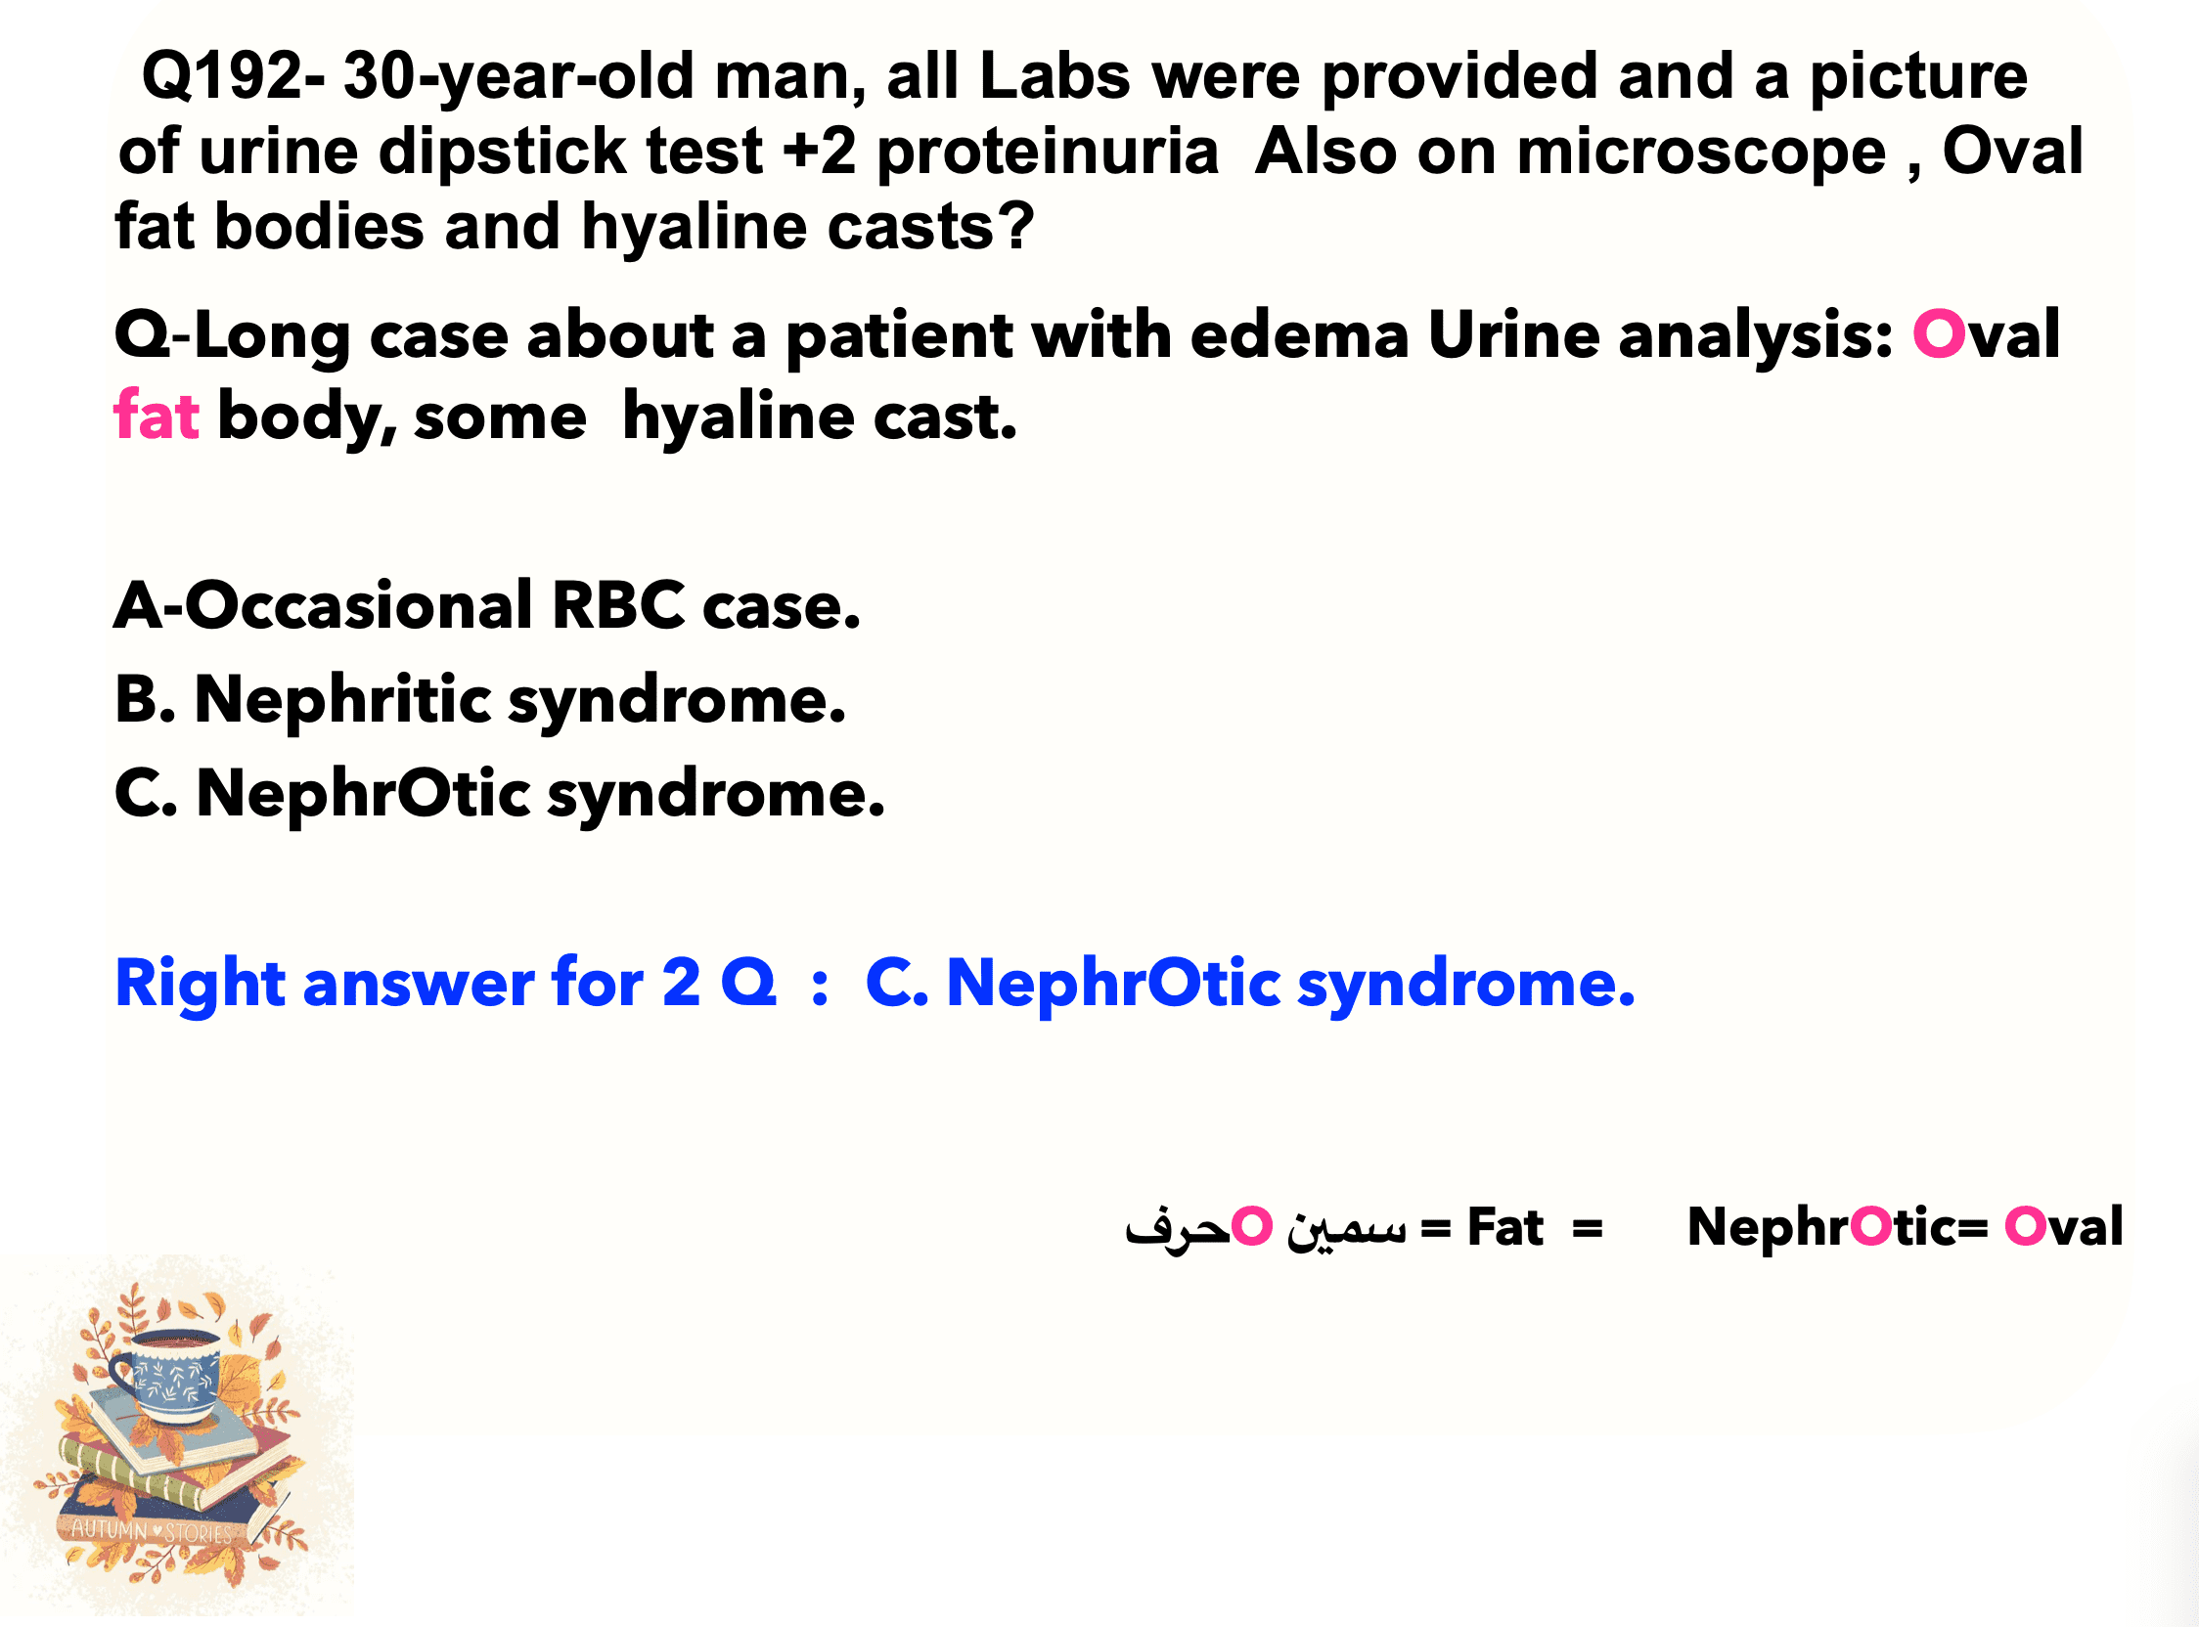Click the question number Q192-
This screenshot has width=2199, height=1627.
pyautogui.click(x=234, y=77)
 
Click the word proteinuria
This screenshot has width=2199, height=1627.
pyautogui.click(x=1048, y=154)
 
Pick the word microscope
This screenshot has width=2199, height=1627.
pyautogui.click(x=1700, y=154)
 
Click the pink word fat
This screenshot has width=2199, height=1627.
pyautogui.click(x=157, y=416)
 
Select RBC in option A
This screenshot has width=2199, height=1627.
pyautogui.click(x=617, y=604)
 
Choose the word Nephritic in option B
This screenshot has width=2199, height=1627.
pyautogui.click(x=342, y=700)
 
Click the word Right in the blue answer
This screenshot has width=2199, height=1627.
pyautogui.click(x=200, y=984)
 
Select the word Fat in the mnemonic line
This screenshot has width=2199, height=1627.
pyautogui.click(x=1504, y=1227)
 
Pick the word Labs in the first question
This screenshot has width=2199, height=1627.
pyautogui.click(x=1055, y=77)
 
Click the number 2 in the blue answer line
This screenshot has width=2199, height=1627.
pyautogui.click(x=681, y=983)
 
